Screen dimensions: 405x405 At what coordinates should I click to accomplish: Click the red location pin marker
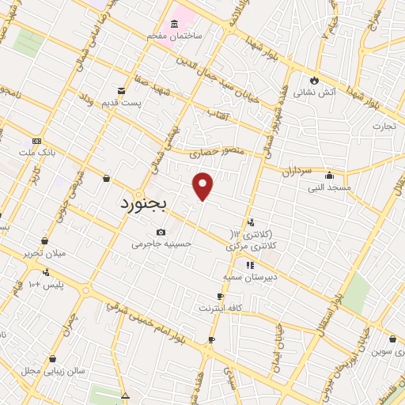[203, 186]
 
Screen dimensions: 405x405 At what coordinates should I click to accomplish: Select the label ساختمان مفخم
[174, 36]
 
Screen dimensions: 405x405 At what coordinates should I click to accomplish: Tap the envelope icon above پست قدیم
[121, 91]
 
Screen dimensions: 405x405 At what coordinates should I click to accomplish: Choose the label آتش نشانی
[315, 92]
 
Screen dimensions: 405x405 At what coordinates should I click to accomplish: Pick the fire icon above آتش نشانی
[315, 80]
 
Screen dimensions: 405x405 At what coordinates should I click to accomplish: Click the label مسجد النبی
[329, 187]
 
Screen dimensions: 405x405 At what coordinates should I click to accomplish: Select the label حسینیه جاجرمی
[161, 244]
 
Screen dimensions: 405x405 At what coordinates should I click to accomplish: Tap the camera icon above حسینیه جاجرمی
[161, 233]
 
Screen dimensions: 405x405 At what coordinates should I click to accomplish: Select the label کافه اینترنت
[221, 307]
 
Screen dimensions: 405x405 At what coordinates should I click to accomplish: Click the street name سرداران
[297, 172]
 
